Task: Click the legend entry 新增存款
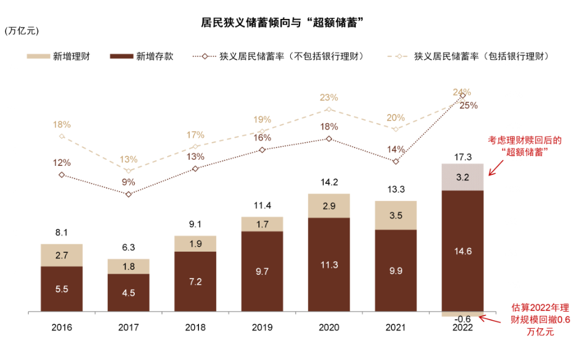(143, 56)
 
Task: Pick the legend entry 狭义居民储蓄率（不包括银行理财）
(278, 56)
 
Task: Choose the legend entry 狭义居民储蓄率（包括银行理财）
(468, 56)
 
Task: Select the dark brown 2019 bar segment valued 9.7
(262, 272)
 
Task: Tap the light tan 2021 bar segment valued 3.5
(396, 216)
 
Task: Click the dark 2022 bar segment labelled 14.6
(463, 251)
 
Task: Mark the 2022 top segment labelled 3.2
(463, 178)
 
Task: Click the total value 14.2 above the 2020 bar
(329, 182)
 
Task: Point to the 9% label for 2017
(128, 182)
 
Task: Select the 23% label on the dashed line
(329, 97)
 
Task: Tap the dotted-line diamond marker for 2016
(62, 174)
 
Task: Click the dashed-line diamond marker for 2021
(396, 129)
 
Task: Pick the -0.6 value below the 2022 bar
(463, 318)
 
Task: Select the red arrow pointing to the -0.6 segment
(490, 318)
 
